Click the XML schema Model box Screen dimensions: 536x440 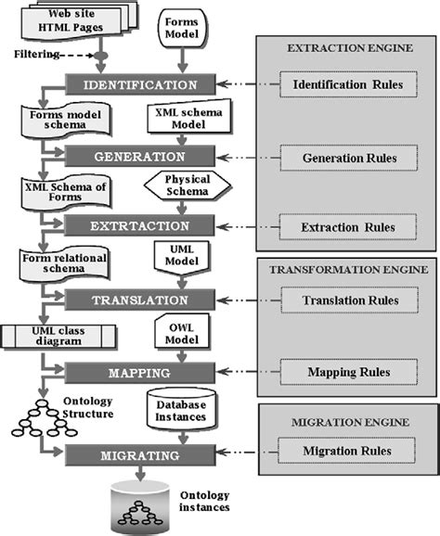183,121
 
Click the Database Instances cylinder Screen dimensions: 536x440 183,409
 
